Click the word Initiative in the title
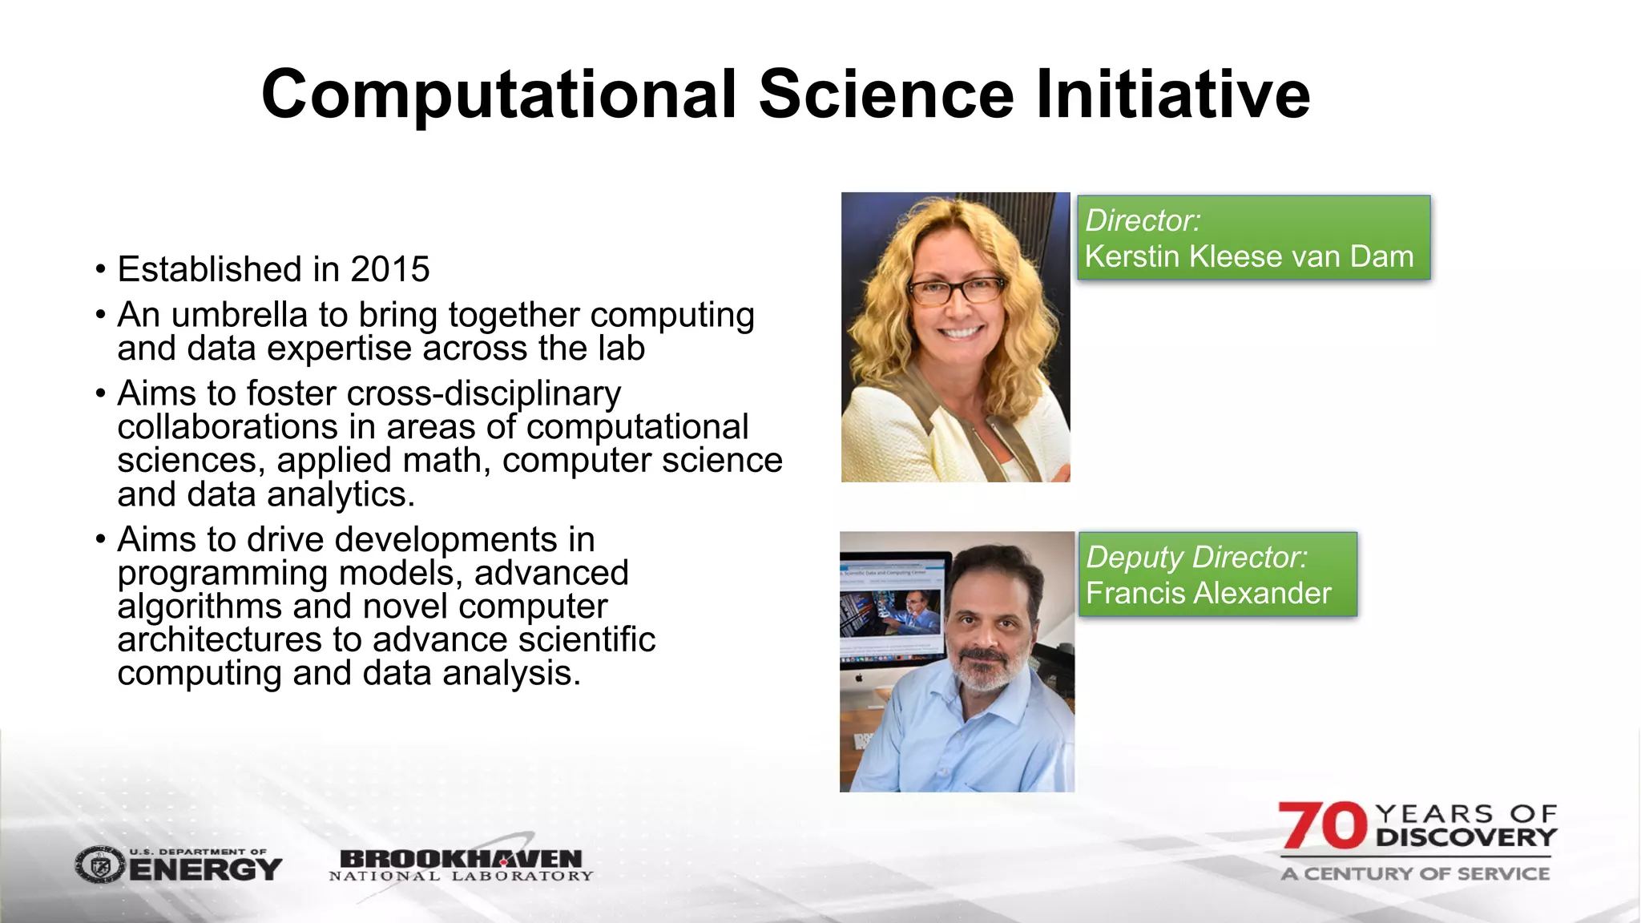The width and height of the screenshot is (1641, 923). point(1173,95)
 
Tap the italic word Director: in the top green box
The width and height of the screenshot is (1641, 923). point(1143,220)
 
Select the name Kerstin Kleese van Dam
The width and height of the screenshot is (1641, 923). point(1248,256)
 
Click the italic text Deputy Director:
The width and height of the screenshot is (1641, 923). point(1196,557)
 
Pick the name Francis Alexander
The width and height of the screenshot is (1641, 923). point(1208,593)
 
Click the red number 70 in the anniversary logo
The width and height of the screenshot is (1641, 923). point(1322,826)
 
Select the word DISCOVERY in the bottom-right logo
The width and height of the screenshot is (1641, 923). point(1466,838)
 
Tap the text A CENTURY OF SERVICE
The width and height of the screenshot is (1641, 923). point(1415,873)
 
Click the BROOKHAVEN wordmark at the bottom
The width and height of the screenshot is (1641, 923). point(461,859)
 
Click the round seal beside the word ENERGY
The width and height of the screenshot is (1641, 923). point(100,865)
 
